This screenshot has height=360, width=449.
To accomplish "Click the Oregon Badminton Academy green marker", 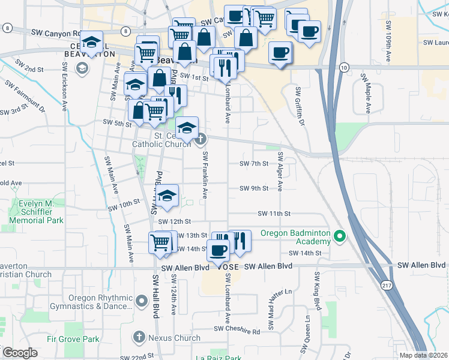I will (x=340, y=235).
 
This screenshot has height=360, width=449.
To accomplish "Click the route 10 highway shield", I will (x=343, y=68).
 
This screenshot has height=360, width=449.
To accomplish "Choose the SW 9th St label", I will (x=254, y=188).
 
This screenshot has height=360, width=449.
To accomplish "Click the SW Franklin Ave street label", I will (x=205, y=175).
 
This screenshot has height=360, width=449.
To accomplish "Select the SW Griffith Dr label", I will (x=298, y=102).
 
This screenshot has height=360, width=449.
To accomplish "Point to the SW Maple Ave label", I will (x=364, y=94).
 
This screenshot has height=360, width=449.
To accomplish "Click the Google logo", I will (x=20, y=353).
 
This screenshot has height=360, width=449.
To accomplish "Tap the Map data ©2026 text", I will (x=423, y=355).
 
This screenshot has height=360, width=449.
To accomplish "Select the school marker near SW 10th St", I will (x=167, y=195).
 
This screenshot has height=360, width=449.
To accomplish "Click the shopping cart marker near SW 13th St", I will (x=160, y=242).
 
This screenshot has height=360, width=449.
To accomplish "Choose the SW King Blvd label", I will (x=317, y=291).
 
